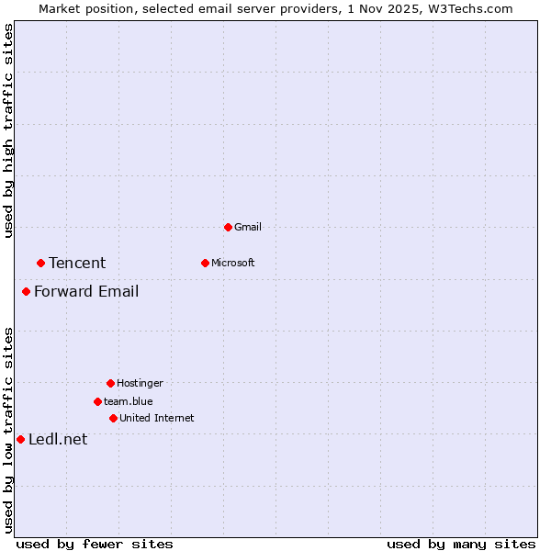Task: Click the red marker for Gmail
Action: [x=228, y=227]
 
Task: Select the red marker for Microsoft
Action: [x=205, y=263]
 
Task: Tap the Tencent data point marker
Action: [x=40, y=263]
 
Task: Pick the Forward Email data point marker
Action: [x=26, y=292]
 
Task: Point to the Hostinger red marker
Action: [x=110, y=383]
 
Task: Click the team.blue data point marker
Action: [x=97, y=401]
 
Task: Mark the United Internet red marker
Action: [x=113, y=418]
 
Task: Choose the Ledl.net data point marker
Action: [x=20, y=439]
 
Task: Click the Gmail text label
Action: [x=248, y=227]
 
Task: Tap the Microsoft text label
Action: [x=232, y=263]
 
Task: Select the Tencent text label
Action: [x=77, y=263]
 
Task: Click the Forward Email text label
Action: [x=86, y=292]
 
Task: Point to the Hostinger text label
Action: [x=140, y=383]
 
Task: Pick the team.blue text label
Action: [x=129, y=401]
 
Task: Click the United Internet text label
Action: [x=156, y=418]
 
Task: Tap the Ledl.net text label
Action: [x=58, y=439]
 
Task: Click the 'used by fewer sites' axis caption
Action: [x=95, y=545]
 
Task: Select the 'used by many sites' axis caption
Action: [x=461, y=545]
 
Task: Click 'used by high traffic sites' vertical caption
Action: [x=9, y=130]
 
